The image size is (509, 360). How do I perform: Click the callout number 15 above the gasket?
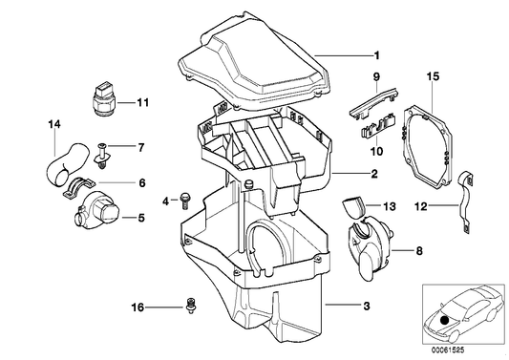[432, 74]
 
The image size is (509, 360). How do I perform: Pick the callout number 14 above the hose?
[53, 123]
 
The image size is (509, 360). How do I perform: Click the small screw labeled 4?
[184, 200]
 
